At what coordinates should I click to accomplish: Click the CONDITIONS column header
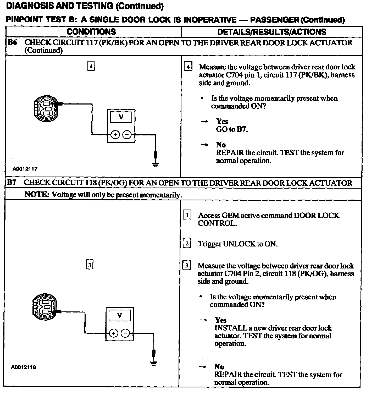[91, 32]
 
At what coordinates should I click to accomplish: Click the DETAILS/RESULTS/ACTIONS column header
[272, 32]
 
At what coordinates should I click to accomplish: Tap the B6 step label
[12, 42]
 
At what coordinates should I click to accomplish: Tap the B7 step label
[12, 183]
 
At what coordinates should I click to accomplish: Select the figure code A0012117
[25, 169]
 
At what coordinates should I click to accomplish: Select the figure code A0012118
[24, 367]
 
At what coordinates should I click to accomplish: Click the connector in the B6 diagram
[46, 109]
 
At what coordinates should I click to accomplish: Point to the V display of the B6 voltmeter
[121, 117]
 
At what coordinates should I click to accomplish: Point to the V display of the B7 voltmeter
[119, 315]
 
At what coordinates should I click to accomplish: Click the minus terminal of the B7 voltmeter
[126, 333]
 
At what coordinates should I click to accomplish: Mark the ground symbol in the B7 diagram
[154, 363]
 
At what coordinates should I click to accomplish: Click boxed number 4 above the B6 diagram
[91, 67]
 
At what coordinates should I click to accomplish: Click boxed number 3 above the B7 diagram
[90, 265]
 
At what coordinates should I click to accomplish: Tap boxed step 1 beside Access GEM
[187, 215]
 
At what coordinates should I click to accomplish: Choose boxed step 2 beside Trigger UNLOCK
[187, 244]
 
